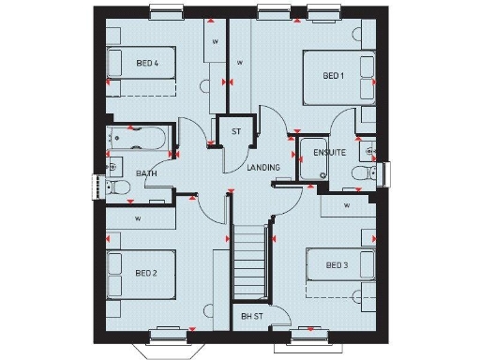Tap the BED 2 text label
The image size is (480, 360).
click(145, 273)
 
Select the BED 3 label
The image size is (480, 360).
click(337, 265)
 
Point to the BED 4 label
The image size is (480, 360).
click(147, 64)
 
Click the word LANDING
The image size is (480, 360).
click(263, 167)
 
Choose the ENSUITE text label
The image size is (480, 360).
click(331, 151)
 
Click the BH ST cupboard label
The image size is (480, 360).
click(251, 316)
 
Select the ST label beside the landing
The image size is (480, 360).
click(235, 131)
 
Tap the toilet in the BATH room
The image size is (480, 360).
click(119, 187)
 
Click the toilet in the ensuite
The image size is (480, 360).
click(357, 174)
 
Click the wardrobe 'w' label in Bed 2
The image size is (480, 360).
click(138, 218)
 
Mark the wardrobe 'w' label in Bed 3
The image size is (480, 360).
click(346, 204)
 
